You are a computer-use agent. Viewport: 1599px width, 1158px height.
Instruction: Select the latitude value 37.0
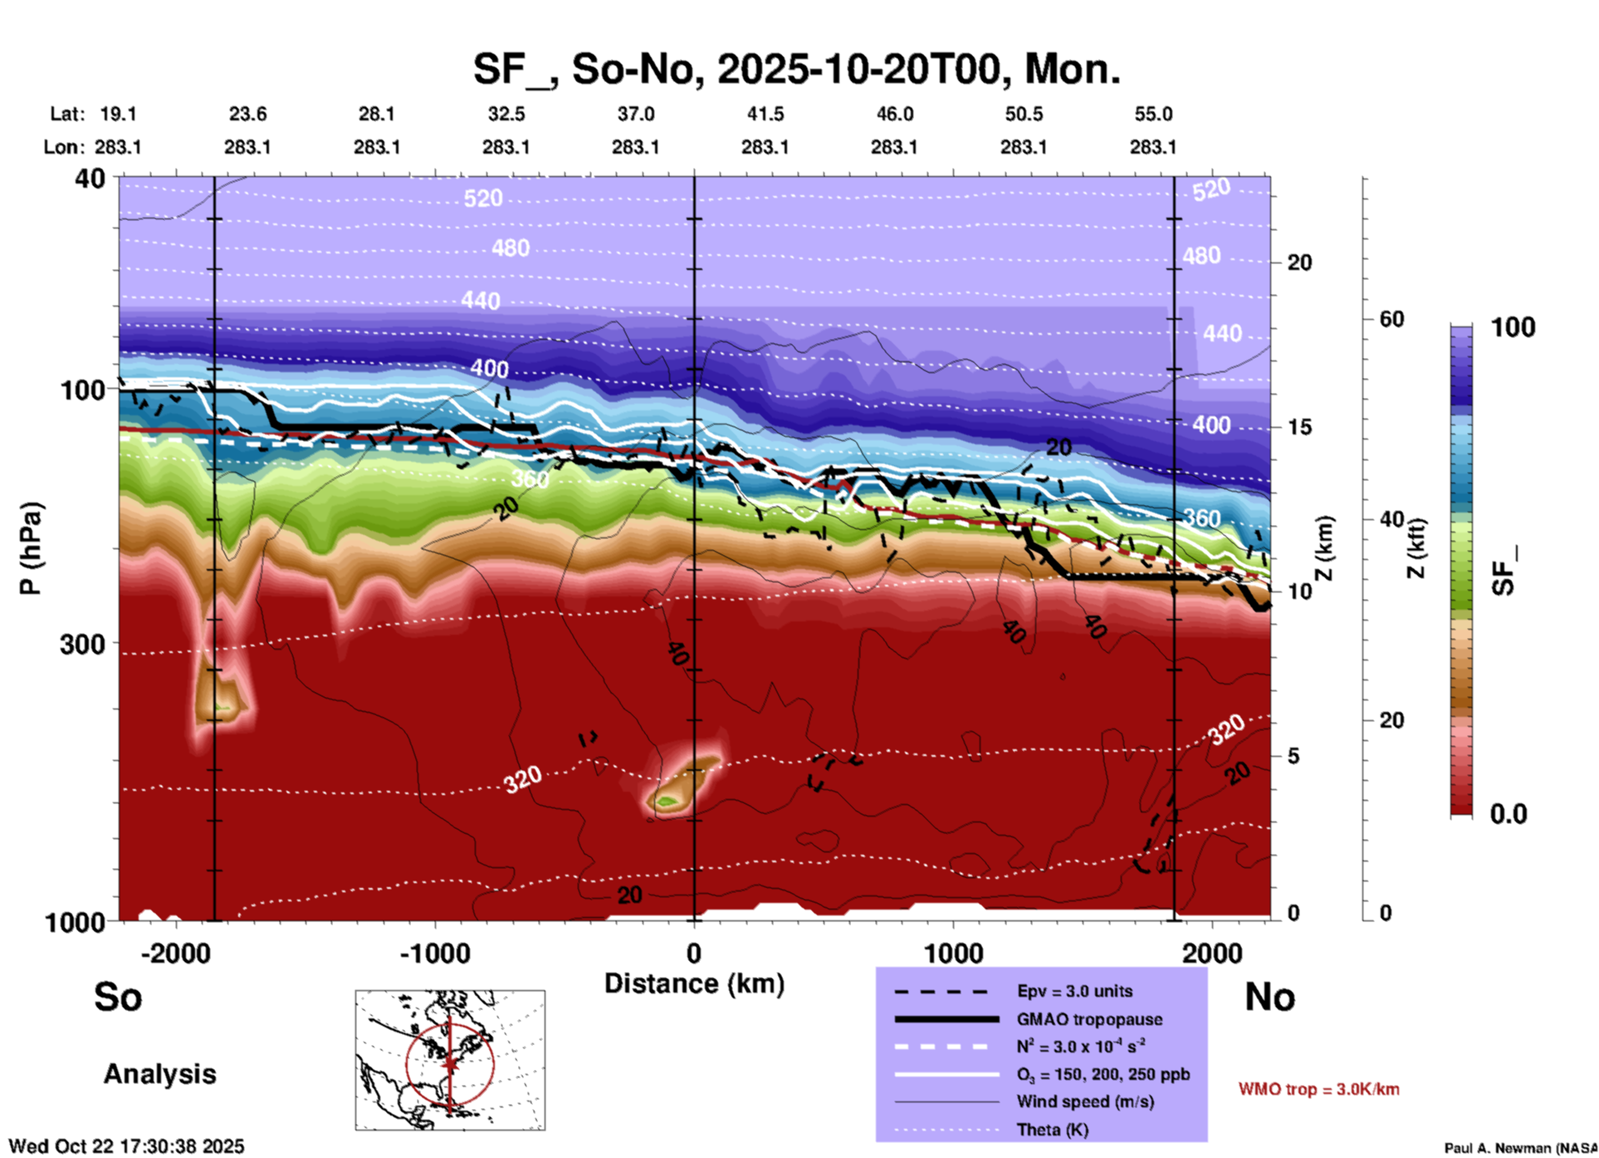[x=635, y=114]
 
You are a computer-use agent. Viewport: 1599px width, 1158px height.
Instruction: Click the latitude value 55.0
[x=1152, y=114]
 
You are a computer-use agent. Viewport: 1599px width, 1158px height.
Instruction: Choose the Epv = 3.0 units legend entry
[x=1074, y=991]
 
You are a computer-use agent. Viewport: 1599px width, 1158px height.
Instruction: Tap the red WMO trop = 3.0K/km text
[x=1318, y=1089]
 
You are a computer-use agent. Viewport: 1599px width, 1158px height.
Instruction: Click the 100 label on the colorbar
[x=1513, y=327]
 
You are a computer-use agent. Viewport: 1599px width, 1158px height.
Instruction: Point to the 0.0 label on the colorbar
[x=1509, y=814]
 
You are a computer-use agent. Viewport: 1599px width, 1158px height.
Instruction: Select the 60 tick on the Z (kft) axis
[x=1391, y=319]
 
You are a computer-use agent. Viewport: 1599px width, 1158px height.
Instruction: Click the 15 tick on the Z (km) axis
[x=1299, y=427]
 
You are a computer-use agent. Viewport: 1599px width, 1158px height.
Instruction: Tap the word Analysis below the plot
[x=159, y=1074]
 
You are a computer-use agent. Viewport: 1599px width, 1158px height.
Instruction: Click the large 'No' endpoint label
[x=1269, y=997]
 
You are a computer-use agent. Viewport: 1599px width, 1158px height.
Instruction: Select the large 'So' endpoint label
[x=118, y=997]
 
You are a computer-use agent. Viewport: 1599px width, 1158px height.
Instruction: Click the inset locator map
[x=450, y=1059]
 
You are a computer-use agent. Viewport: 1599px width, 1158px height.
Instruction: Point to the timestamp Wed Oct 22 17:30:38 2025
[x=126, y=1146]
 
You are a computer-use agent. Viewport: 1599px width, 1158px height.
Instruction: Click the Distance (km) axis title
[x=694, y=984]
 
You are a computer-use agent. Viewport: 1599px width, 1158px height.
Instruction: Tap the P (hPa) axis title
[x=31, y=548]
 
